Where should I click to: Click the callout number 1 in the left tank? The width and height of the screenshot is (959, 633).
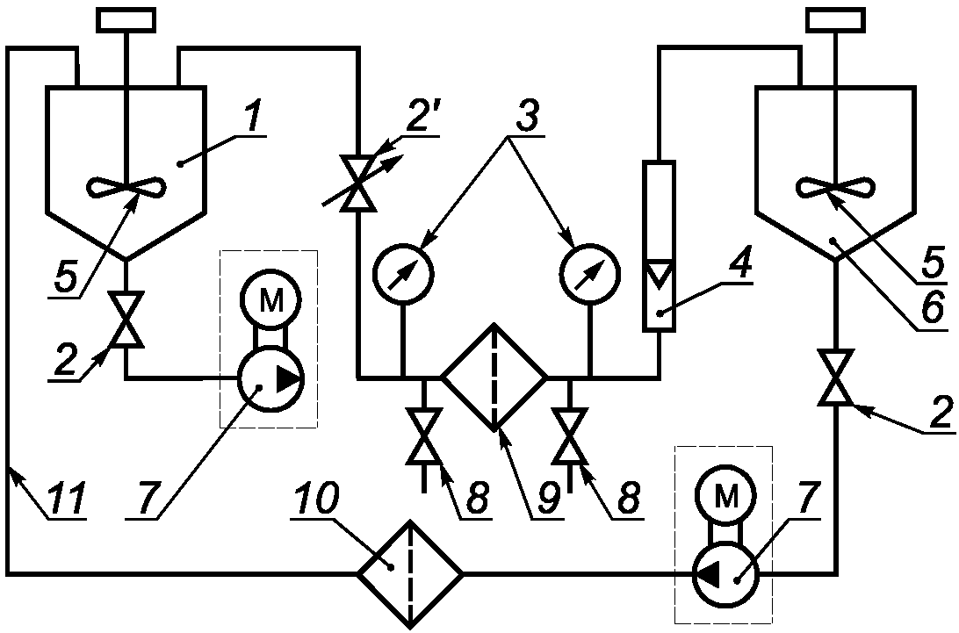(x=254, y=116)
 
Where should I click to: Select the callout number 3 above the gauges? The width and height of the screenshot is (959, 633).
(x=527, y=115)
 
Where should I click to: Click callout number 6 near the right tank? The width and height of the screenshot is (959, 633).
(x=932, y=309)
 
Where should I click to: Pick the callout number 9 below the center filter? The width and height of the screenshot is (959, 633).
(x=547, y=499)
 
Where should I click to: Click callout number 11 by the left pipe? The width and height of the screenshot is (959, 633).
(x=69, y=499)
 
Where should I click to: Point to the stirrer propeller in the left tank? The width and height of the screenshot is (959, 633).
(x=126, y=187)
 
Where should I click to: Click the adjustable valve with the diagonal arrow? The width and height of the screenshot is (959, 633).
(x=358, y=182)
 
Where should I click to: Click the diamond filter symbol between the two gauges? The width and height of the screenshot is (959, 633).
(x=494, y=376)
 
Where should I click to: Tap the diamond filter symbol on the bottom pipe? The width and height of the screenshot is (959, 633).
(x=410, y=573)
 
